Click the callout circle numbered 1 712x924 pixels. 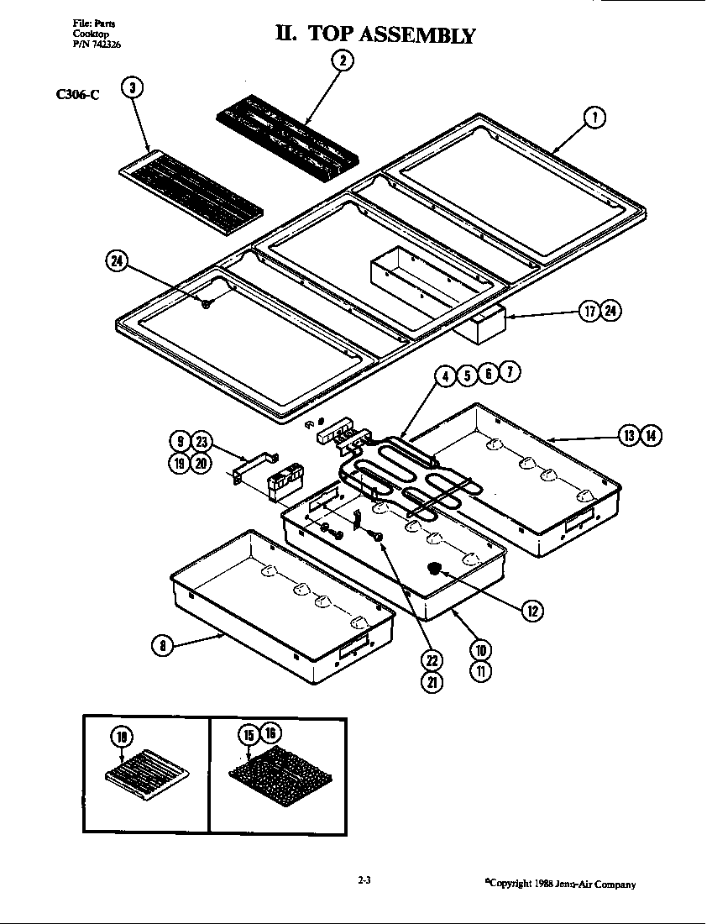coord(594,118)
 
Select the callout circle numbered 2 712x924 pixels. coord(342,60)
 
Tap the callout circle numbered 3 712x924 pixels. coord(133,89)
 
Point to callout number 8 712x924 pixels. coord(162,645)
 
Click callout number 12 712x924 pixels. coord(531,611)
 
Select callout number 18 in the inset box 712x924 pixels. coord(123,737)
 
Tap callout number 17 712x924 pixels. coord(589,312)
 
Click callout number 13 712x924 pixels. coord(630,435)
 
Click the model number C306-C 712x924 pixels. coord(77,95)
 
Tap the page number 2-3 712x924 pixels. coord(364,881)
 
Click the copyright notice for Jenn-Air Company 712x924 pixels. coord(560,884)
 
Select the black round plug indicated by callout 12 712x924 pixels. coord(436,570)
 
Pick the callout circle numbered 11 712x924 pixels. coord(480,671)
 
